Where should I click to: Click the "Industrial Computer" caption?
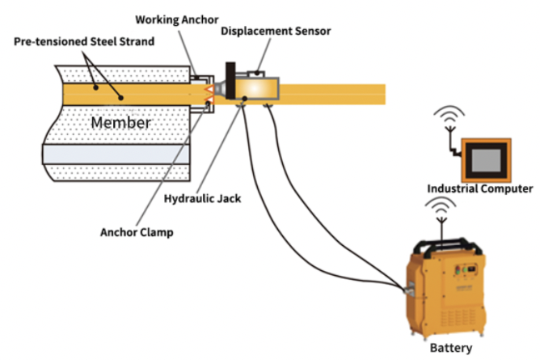click(x=480, y=188)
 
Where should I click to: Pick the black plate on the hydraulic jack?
click(x=230, y=81)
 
